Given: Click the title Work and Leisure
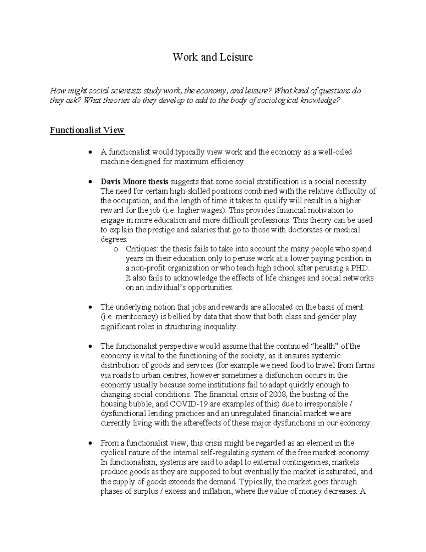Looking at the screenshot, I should point(213,57).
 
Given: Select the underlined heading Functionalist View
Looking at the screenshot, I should point(87,130).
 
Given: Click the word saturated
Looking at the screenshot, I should point(344,472).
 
